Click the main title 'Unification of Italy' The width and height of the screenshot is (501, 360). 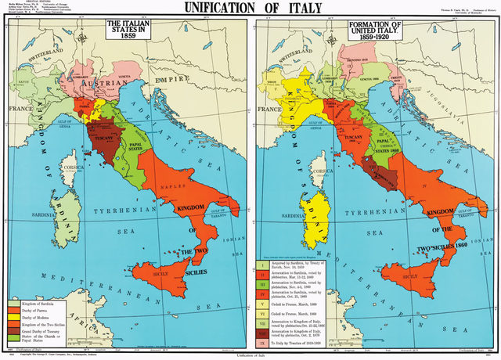(x=250, y=9)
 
